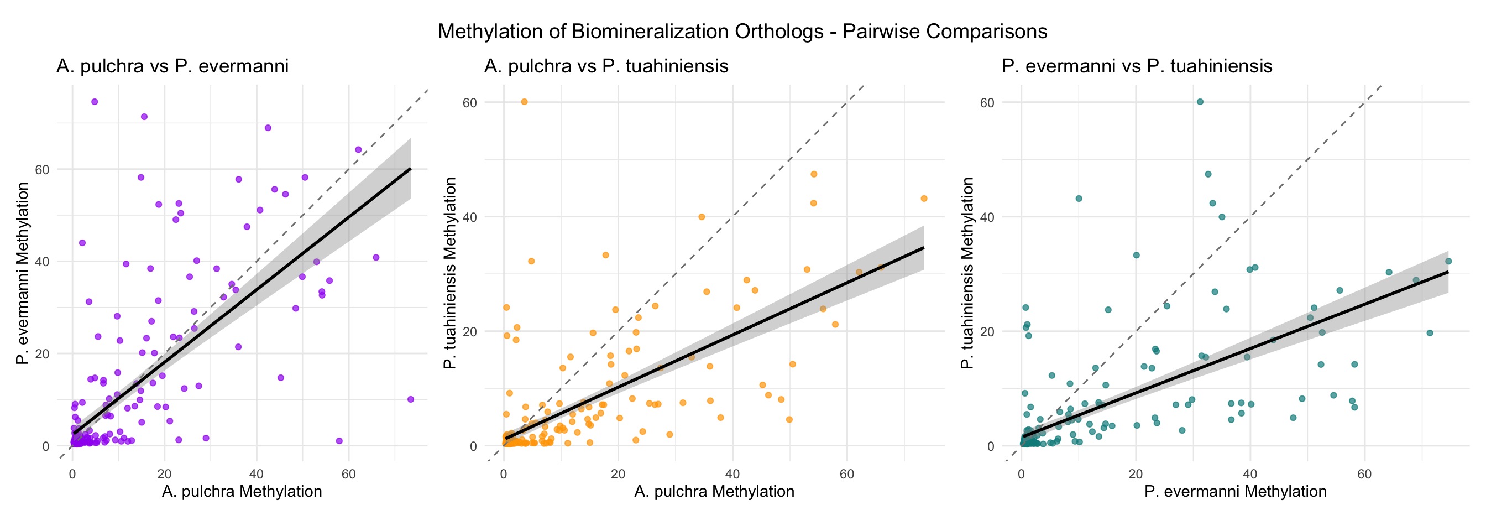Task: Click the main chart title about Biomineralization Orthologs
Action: (742, 31)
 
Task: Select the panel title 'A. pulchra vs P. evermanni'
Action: (172, 66)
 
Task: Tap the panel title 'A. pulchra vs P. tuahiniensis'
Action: (606, 66)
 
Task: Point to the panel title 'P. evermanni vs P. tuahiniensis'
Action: (1137, 66)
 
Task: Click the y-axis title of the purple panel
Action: (23, 274)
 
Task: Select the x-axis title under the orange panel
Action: (714, 492)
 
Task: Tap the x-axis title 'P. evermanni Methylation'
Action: (1236, 492)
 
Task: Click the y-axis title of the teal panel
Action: (967, 274)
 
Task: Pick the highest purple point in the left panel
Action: (95, 102)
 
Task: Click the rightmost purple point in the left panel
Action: (411, 399)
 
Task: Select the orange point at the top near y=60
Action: (525, 102)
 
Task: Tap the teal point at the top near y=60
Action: (1200, 102)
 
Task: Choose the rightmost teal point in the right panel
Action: (1448, 262)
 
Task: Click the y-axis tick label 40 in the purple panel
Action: (42, 262)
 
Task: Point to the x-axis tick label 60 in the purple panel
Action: (348, 475)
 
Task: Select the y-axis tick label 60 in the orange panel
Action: (469, 103)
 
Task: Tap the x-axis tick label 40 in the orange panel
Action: (732, 475)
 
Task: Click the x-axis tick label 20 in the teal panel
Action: (1136, 475)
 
